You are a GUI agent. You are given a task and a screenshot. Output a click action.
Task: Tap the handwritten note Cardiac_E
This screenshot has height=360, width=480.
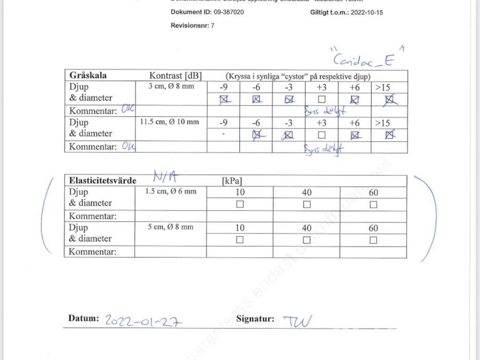[362, 59]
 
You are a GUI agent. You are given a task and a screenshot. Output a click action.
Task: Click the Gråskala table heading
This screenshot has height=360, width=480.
[88, 75]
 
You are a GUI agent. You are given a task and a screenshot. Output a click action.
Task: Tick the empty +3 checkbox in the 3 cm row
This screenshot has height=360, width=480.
[322, 99]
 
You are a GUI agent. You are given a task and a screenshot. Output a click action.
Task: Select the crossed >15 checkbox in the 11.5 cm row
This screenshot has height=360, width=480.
[390, 135]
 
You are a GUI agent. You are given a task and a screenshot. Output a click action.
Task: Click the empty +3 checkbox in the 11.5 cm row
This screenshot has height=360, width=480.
[322, 135]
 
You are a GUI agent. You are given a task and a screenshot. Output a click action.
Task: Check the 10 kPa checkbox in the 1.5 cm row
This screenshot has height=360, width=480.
[240, 204]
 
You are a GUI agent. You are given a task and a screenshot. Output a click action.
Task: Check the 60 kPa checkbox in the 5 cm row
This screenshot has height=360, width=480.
[373, 240]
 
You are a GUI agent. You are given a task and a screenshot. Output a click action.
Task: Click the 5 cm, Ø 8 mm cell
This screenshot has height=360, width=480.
[171, 227]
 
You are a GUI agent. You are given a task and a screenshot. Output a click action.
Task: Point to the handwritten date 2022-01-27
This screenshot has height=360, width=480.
[143, 321]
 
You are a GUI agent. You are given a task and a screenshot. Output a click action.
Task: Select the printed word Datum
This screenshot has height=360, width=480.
[84, 318]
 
